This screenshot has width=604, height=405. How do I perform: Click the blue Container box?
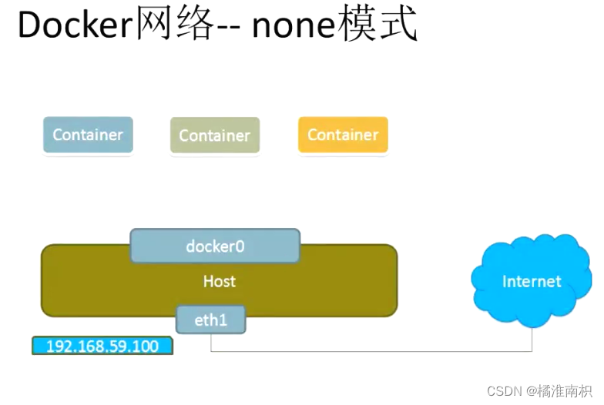(x=88, y=135)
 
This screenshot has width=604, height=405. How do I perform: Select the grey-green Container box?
(x=214, y=136)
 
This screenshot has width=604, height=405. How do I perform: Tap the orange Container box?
(x=343, y=135)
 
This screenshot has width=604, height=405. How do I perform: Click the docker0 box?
(x=215, y=246)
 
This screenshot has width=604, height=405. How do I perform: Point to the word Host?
(x=219, y=282)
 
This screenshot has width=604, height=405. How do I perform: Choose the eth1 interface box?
(x=210, y=320)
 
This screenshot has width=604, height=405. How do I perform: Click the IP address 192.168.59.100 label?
(x=102, y=346)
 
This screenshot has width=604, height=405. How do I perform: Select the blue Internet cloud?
(x=532, y=282)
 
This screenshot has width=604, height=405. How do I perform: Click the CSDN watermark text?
(x=505, y=390)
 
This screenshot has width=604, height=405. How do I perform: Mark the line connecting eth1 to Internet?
(x=370, y=351)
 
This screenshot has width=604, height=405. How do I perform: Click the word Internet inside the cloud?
(x=532, y=282)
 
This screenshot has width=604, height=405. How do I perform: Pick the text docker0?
(x=215, y=246)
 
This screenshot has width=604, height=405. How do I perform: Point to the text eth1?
(x=210, y=320)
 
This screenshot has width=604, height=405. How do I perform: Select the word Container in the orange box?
(x=343, y=135)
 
